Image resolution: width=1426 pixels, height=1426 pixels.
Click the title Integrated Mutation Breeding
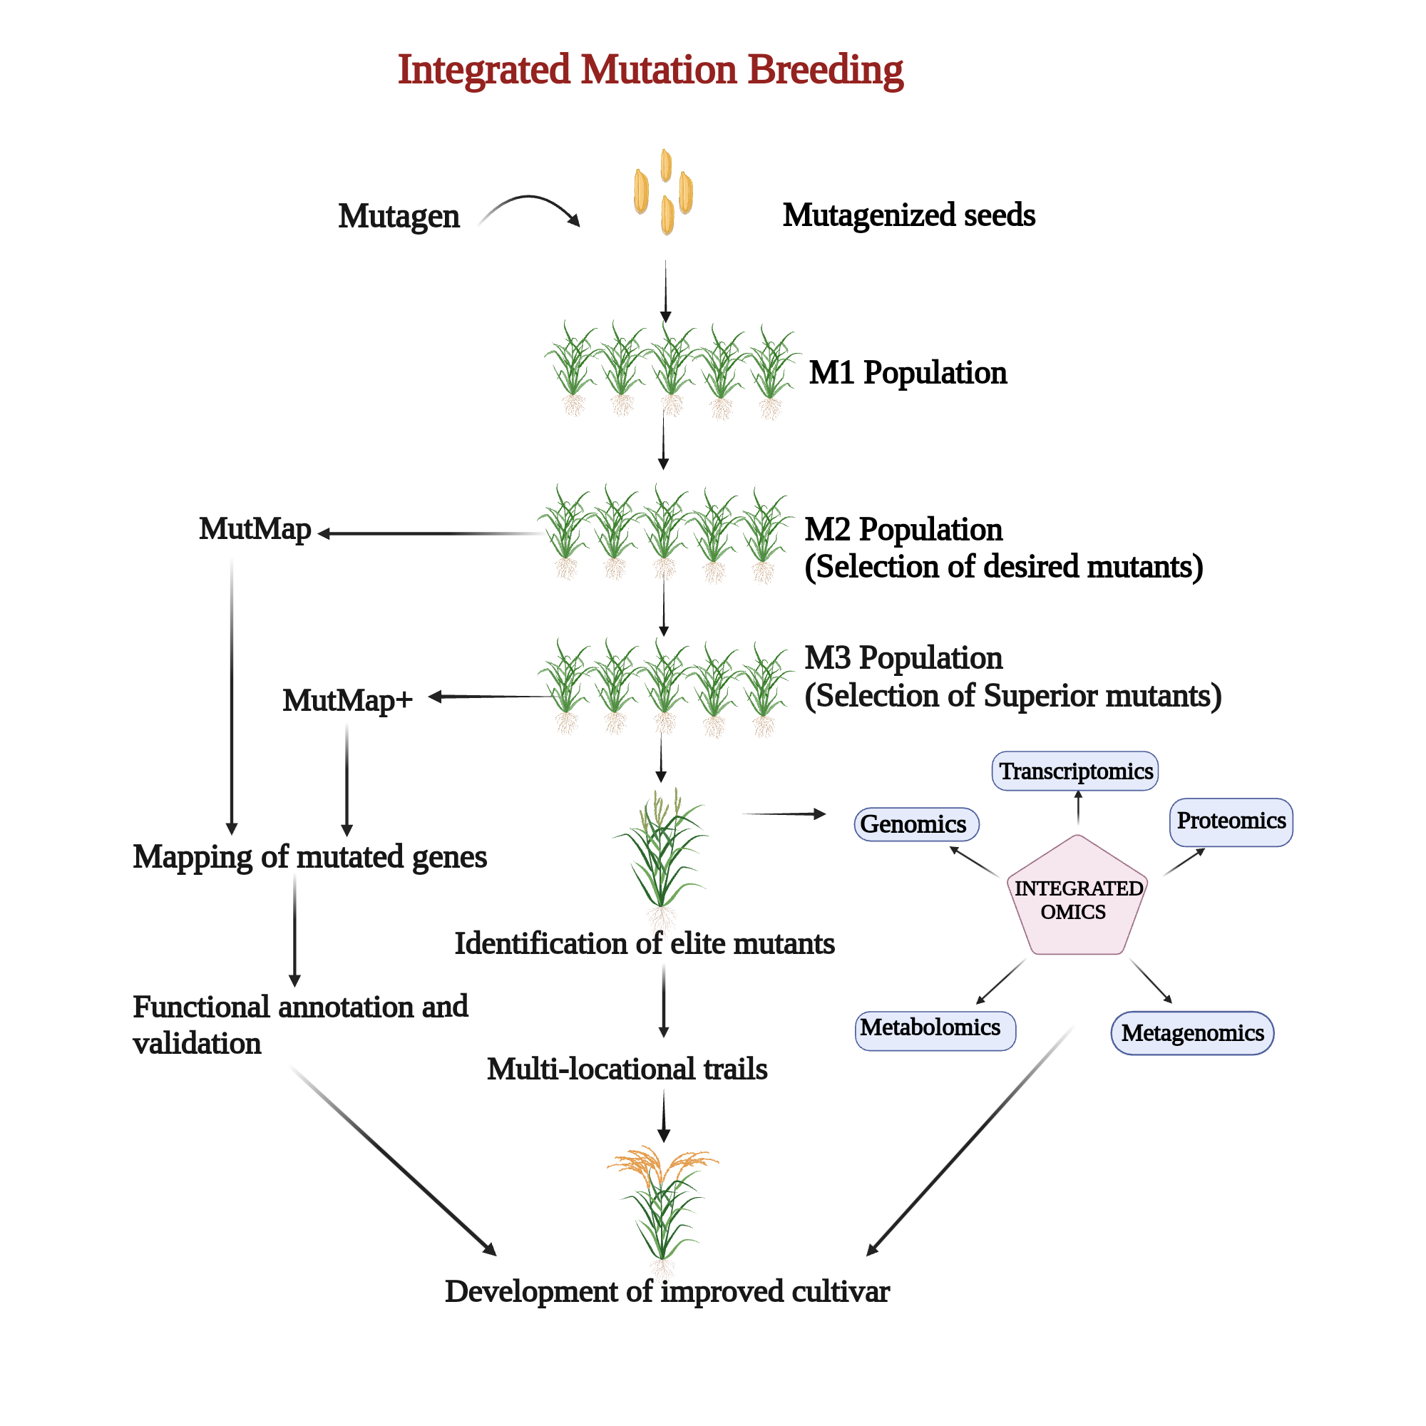pos(650,70)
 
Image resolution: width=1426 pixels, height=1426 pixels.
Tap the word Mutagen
pos(399,216)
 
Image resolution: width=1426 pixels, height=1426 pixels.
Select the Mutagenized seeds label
pos(908,215)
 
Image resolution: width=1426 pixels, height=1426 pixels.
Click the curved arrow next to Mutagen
pos(530,207)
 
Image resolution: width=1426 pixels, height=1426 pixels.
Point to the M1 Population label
pos(907,373)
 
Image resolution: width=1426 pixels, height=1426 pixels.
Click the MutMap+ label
pos(347,699)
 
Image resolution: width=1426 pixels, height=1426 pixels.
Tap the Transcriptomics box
pos(1075,771)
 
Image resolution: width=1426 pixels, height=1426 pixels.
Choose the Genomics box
pos(916,824)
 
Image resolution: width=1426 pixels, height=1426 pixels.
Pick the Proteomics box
pos(1231,821)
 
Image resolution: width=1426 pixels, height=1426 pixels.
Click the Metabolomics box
pos(935,1029)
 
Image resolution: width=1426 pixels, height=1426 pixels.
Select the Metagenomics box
pos(1192,1032)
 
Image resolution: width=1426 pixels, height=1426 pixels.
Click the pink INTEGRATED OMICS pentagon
pos(1077,899)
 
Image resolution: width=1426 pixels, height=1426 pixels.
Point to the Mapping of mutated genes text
pos(309,857)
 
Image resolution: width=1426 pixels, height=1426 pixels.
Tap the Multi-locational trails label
pos(627,1069)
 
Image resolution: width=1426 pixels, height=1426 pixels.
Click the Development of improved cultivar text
pos(667,1292)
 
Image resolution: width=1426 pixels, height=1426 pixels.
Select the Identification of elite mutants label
pos(645,943)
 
